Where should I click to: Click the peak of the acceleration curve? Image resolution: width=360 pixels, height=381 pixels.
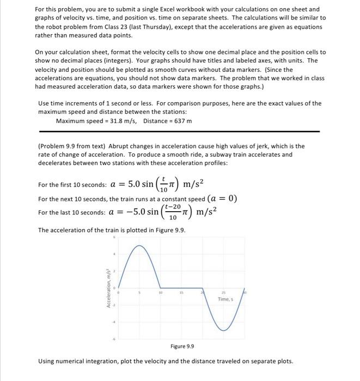pos(140,246)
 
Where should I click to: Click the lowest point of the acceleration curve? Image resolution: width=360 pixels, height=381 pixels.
pos(223,330)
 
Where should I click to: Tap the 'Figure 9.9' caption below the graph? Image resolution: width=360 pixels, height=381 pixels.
pos(182,346)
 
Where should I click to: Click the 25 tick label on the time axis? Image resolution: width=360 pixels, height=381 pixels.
pos(223,293)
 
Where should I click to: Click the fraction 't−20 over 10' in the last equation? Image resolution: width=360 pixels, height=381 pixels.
pos(174,212)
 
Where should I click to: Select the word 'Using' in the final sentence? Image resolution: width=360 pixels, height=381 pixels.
pos(47,361)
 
